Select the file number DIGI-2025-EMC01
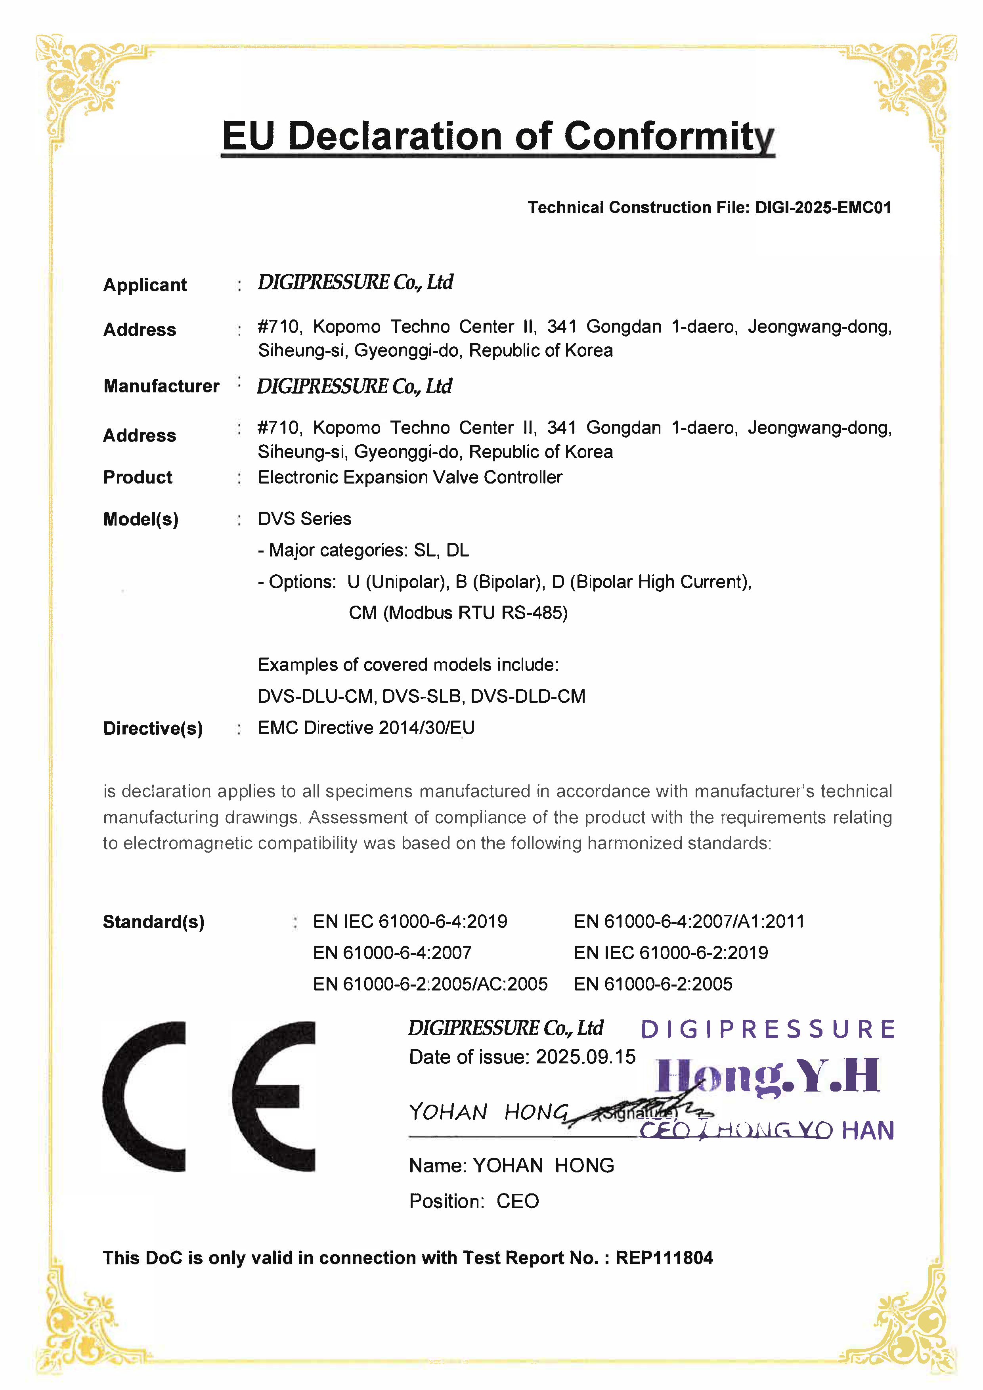[x=823, y=208]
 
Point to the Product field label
[x=138, y=477]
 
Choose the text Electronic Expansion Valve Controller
[x=410, y=477]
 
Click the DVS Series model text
[x=304, y=519]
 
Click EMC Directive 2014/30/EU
[x=366, y=728]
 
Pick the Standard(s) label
[x=154, y=922]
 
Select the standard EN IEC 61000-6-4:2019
[x=410, y=922]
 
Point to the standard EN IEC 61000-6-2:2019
[x=671, y=953]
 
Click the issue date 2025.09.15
[x=585, y=1057]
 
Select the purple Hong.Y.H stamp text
[x=767, y=1076]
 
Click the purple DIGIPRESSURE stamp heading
[x=767, y=1030]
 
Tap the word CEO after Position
[x=518, y=1201]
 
